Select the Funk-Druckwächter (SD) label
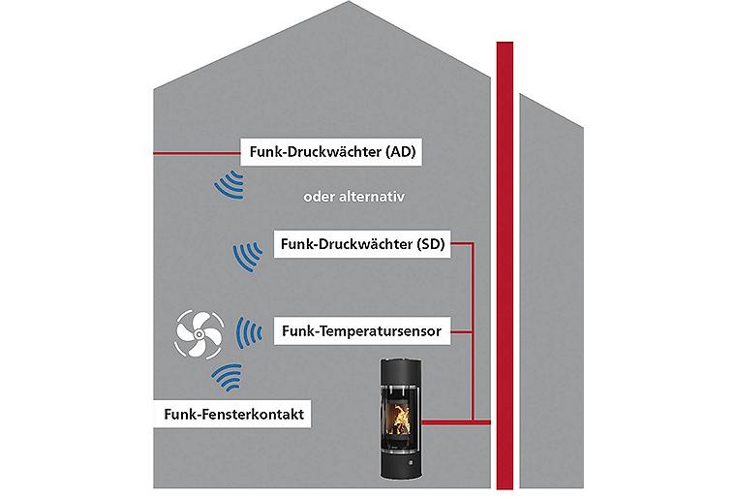pos(361,244)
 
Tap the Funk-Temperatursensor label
pos(361,331)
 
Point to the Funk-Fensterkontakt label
pos(234,414)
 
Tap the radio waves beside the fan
pos(250,331)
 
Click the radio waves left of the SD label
pos(248,257)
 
